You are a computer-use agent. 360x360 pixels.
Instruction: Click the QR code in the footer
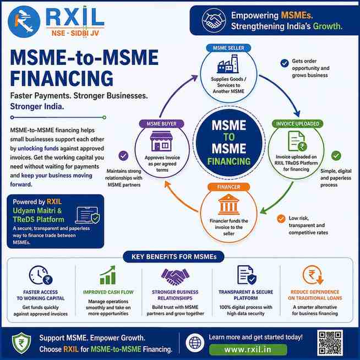click(330, 343)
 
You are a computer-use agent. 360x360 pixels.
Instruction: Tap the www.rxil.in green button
click(248, 350)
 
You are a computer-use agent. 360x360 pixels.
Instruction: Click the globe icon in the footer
click(195, 343)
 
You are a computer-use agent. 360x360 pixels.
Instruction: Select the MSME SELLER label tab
click(228, 48)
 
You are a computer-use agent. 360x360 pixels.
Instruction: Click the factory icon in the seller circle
click(228, 64)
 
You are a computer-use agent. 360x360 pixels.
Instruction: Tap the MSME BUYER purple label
click(162, 124)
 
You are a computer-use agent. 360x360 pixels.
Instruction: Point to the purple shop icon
click(161, 141)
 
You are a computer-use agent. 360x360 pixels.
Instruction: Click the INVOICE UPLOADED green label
click(298, 124)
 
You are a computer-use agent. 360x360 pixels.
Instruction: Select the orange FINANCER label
click(228, 187)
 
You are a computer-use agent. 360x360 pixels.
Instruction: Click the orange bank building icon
click(228, 204)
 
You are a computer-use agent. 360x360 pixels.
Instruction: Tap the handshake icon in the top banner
click(214, 20)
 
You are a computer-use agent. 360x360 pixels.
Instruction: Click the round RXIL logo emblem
click(24, 22)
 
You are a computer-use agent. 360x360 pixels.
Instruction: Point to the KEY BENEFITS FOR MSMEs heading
click(174, 257)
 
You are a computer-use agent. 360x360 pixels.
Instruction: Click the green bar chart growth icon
click(108, 275)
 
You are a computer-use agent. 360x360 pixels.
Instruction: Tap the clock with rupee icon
click(41, 275)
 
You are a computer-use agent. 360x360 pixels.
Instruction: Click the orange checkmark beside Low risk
click(281, 219)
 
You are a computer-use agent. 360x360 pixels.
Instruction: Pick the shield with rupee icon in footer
click(21, 343)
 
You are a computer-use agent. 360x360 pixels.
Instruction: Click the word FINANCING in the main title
click(62, 78)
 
